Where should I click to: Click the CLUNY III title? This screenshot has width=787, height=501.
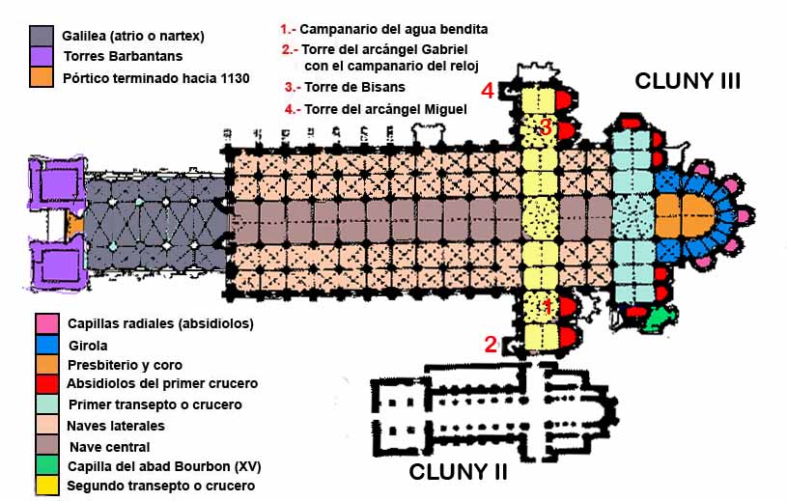point(687,81)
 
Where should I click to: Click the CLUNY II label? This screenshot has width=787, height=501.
point(458,473)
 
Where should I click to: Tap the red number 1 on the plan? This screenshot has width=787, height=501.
point(547,306)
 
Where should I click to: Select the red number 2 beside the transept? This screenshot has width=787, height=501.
point(491,344)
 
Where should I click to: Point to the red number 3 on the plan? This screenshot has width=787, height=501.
point(546,126)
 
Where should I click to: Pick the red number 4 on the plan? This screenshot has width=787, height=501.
point(489,92)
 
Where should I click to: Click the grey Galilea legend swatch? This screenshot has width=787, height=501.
point(42,36)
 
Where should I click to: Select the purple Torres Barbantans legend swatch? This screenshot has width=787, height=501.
point(42,56)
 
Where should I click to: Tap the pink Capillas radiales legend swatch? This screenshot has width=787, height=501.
point(44,322)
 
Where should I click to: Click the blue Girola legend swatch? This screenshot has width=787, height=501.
point(44,344)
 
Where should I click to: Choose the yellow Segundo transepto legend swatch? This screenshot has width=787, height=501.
point(44,485)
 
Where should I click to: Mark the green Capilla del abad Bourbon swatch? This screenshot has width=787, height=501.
point(44,465)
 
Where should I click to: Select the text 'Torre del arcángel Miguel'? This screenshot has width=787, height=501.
point(385,109)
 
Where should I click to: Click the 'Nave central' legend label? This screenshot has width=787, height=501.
point(110,446)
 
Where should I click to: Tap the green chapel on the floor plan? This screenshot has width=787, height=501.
point(657,316)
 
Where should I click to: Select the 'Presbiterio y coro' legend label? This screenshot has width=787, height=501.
point(125,365)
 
